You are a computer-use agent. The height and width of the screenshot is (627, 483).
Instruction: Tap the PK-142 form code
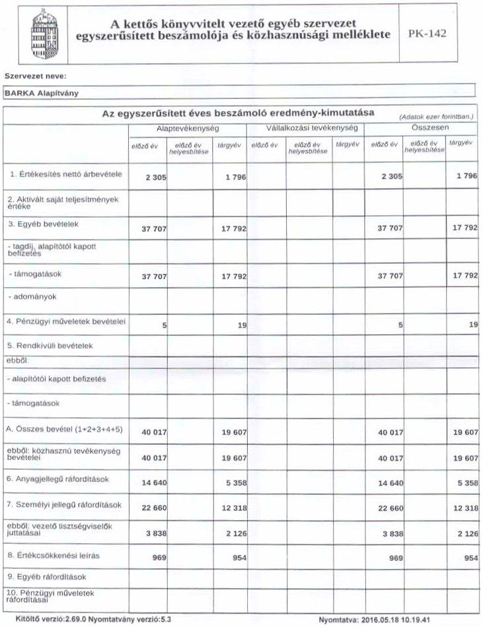427,34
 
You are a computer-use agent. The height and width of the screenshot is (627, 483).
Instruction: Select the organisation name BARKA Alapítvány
42,93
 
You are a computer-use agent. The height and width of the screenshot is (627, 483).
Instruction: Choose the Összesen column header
420,127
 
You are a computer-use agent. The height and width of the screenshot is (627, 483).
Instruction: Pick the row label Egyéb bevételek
44,224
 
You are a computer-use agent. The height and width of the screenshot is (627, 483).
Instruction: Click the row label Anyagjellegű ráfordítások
62,479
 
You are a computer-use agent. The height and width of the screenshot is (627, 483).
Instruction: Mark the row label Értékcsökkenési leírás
54,556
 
